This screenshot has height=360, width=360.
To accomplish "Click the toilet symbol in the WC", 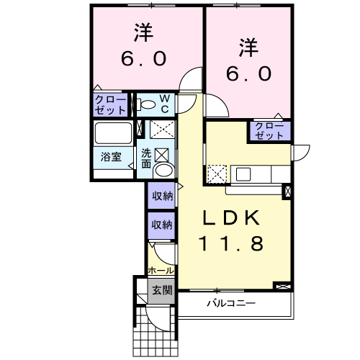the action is tap(145, 105).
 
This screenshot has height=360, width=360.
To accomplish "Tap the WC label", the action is tap(165, 104).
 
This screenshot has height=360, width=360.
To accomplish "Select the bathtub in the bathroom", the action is tap(113, 133).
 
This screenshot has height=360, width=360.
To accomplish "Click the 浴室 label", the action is tap(111, 157).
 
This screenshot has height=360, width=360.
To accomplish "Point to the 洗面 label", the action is tap(146, 158).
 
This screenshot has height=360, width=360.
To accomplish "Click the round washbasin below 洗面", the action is tap(164, 171).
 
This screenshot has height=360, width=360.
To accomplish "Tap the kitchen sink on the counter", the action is tap(243, 174).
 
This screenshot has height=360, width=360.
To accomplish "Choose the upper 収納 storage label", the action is tap(163, 197).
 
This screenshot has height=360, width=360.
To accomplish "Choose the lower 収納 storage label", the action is tap(162, 225).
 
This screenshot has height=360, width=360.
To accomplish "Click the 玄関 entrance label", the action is tap(162, 291).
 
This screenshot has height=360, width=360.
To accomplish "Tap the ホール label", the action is tap(161, 271).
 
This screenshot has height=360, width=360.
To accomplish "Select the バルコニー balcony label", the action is tap(231, 304).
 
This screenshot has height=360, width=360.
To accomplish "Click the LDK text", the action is tap(231, 217).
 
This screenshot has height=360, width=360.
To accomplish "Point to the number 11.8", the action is tap(231, 243).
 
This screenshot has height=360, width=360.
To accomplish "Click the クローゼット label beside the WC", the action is tap(110, 105).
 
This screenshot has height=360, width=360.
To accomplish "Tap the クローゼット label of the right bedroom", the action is tap(269, 131).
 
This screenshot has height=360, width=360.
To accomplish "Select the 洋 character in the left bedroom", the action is tap(143, 32).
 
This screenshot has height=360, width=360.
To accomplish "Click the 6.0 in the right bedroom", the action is tap(248, 73).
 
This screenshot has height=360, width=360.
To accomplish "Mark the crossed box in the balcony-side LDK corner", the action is tap(283, 287).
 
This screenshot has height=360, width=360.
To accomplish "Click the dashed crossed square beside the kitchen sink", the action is tap(217, 174).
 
